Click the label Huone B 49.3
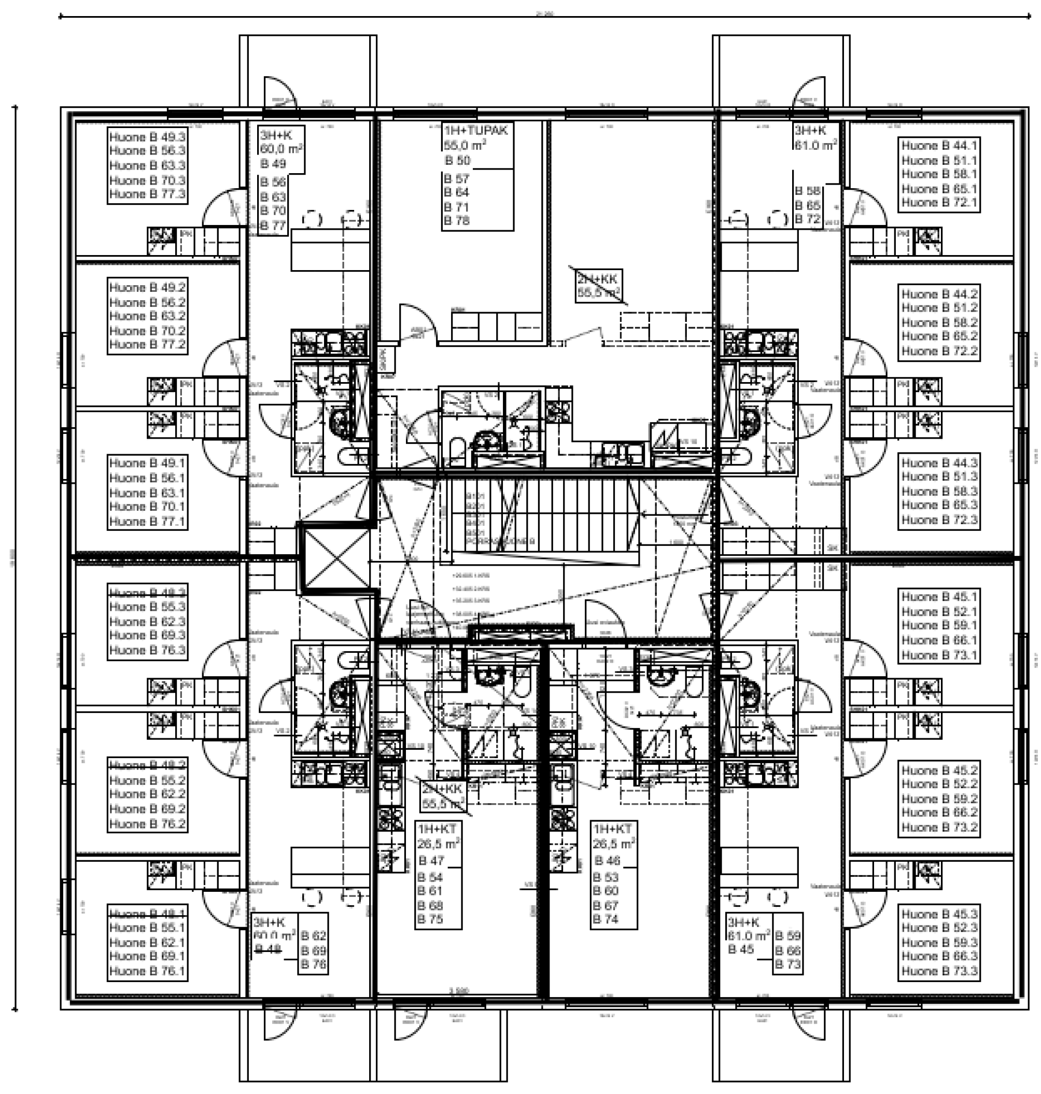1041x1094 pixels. (147, 137)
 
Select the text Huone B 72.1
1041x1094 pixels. (939, 203)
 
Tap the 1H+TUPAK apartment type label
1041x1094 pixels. (475, 131)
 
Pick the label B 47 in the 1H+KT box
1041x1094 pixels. (431, 861)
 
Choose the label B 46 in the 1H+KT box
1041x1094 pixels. (607, 861)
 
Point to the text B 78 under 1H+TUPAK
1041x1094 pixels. (457, 221)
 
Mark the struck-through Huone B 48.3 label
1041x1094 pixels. (147, 592)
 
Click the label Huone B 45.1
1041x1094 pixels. (939, 597)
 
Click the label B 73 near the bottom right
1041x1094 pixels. (788, 965)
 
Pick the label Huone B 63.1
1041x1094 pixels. (147, 493)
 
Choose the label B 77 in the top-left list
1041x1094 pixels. (273, 226)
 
